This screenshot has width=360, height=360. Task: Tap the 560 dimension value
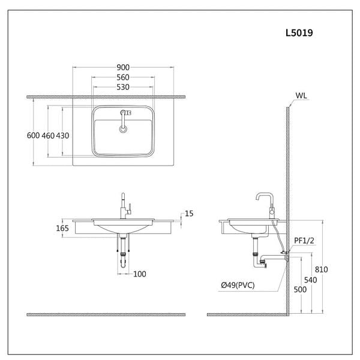123,78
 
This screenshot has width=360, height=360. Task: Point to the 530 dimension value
123,88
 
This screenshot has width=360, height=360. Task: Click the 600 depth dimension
34,136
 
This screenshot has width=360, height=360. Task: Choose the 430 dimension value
62,136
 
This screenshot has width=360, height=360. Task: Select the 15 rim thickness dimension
189,213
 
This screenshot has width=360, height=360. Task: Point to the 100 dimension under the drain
139,274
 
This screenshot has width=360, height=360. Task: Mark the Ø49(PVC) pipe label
237,285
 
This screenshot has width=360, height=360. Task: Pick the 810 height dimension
322,269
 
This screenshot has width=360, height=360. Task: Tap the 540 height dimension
310,280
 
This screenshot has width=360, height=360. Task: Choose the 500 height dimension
300,289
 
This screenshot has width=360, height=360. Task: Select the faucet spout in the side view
263,197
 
